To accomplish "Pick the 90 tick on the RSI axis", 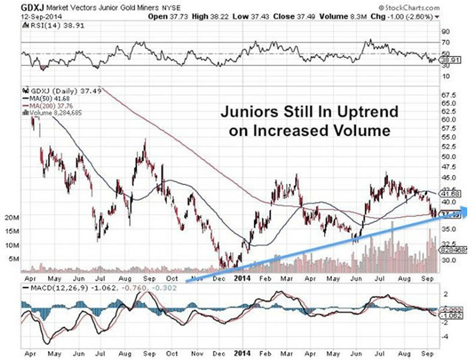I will click(x=446, y=31).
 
